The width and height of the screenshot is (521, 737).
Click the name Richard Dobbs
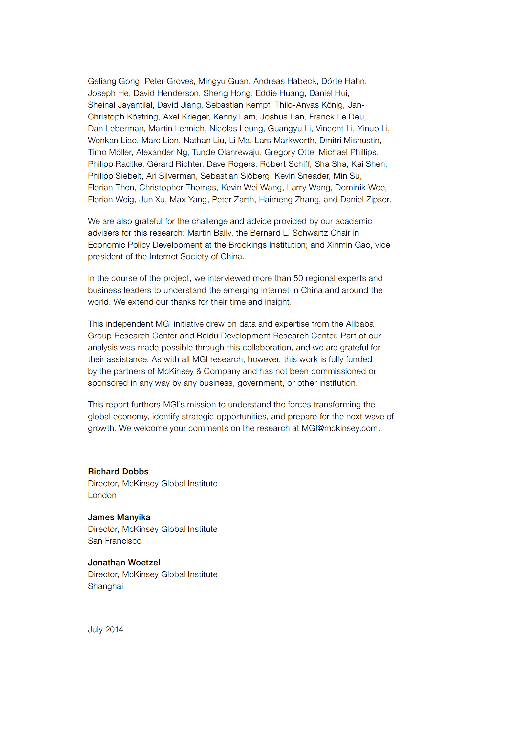pos(118,471)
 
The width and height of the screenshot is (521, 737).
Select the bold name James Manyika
pos(119,517)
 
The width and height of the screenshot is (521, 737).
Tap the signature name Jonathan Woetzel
pos(124,562)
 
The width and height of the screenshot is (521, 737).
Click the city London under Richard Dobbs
pos(102,495)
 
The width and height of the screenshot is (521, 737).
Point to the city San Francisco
pos(115,541)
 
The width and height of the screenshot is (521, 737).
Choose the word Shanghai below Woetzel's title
pos(105,586)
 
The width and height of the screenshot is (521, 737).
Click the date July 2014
pos(105,629)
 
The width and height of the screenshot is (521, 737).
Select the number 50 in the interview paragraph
pos(298,278)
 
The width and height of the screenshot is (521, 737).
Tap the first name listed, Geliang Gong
pos(114,81)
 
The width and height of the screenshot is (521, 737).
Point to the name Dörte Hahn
pos(343,81)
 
